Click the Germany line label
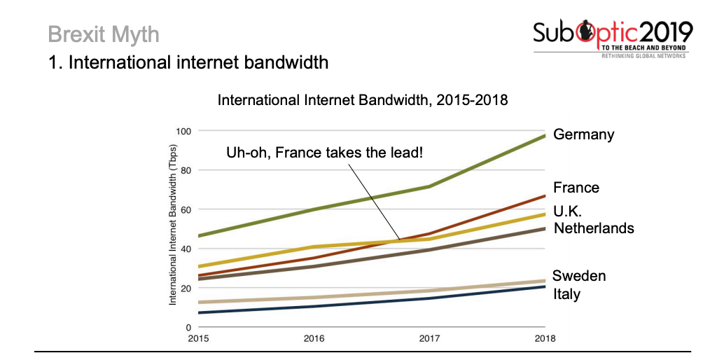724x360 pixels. click(583, 134)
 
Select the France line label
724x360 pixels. click(576, 188)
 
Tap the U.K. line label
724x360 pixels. click(568, 211)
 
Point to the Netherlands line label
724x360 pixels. click(594, 228)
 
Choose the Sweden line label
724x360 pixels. click(578, 276)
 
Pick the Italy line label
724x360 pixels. click(566, 294)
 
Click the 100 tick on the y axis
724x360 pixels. click(183, 131)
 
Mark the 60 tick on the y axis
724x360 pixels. click(185, 209)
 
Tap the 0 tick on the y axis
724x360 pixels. click(188, 327)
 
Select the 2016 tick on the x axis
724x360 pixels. click(314, 339)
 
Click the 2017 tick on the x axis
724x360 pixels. click(429, 339)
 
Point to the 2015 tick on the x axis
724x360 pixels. click(199, 339)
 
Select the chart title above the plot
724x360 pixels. click(362, 100)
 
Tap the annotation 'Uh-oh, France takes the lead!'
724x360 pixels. click(324, 152)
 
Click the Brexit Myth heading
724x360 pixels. click(104, 34)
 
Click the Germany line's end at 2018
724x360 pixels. click(544, 136)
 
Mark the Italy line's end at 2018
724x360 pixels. click(544, 286)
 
